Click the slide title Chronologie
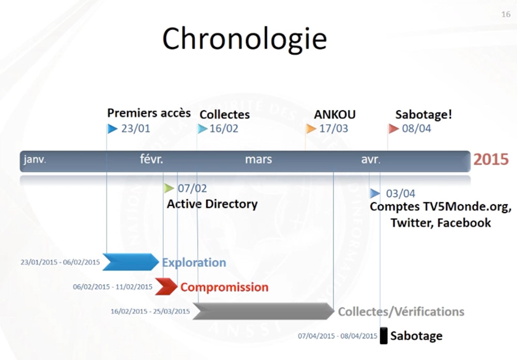coord(245,39)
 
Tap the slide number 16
coord(506,14)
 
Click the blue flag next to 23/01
coord(112,129)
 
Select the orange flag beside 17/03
coord(311,129)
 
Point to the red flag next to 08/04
coord(393,129)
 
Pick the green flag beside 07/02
coord(169,188)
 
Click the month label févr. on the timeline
coord(151,159)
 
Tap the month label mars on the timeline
coord(258,159)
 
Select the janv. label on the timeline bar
coord(35,159)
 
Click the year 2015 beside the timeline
coord(491,159)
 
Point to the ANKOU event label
coord(334,114)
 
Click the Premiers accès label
coord(149,113)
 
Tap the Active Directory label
coord(212,204)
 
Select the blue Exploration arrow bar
coord(131,262)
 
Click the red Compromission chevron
coord(166,287)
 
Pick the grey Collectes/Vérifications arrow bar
coord(264,311)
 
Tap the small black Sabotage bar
coord(384,336)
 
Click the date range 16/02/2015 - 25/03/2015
coord(150,311)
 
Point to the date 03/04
coord(400,193)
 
